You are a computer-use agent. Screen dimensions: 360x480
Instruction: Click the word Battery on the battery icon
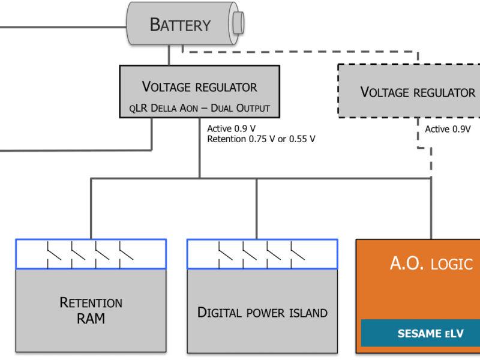tap(180, 25)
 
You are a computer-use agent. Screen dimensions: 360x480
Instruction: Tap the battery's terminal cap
tap(239, 22)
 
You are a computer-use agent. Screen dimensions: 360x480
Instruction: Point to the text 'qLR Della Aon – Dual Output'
tap(199, 108)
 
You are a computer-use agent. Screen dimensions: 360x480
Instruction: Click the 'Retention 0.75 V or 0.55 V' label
tap(261, 139)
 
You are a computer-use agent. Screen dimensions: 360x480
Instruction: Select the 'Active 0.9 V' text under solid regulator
tap(230, 128)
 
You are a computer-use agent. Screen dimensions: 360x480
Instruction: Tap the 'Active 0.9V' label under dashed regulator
tap(448, 129)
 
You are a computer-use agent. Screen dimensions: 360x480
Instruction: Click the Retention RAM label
tap(91, 310)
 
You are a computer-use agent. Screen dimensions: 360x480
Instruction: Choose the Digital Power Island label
tap(262, 313)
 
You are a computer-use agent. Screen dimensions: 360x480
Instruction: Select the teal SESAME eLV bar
tap(420, 333)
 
